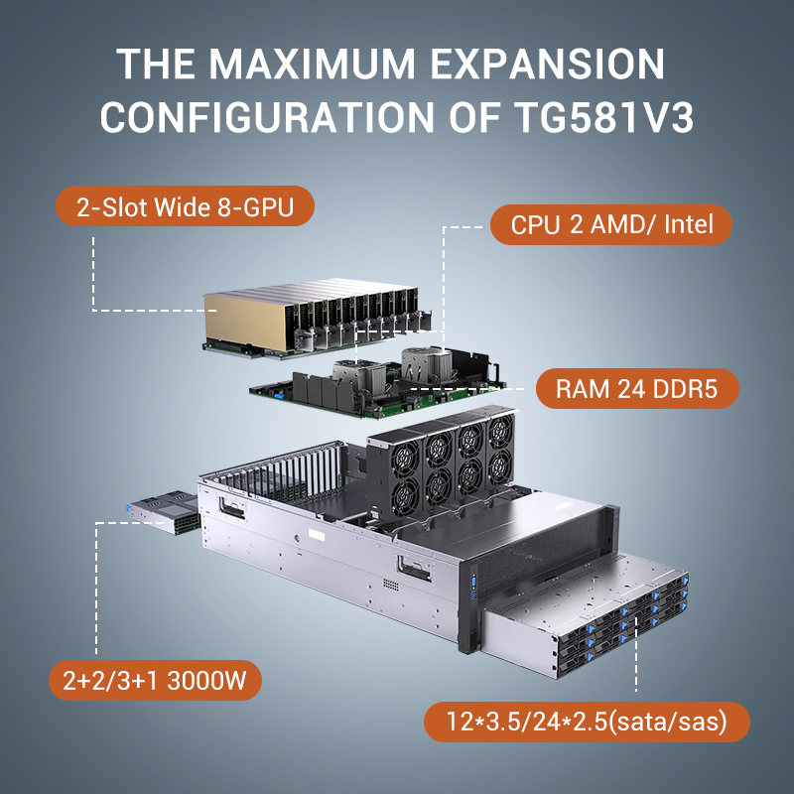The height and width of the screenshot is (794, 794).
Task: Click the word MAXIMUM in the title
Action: click(312, 65)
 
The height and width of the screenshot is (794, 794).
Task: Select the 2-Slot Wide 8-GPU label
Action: click(185, 206)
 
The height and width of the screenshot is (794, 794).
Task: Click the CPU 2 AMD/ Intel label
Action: click(611, 224)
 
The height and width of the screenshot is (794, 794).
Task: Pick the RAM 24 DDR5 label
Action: click(637, 388)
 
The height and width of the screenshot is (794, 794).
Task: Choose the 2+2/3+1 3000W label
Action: click(155, 680)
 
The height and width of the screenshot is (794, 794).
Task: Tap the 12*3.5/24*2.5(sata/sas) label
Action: click(587, 722)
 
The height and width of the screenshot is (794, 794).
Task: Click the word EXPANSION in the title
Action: click(547, 65)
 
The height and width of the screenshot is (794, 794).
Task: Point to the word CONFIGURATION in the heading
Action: click(266, 117)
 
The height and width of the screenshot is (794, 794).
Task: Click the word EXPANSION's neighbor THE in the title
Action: click(156, 65)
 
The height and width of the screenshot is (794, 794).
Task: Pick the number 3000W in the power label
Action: click(206, 681)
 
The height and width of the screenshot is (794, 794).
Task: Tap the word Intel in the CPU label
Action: click(689, 224)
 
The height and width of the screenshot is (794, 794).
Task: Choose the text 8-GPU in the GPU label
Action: click(256, 207)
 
